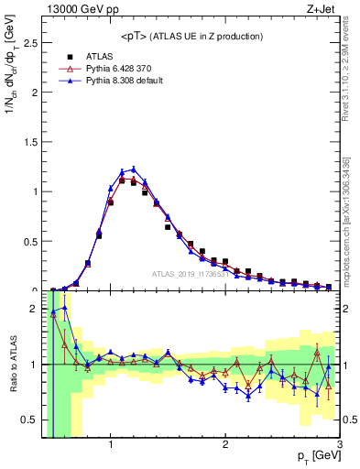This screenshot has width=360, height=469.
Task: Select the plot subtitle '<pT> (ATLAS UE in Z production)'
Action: (x=191, y=36)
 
